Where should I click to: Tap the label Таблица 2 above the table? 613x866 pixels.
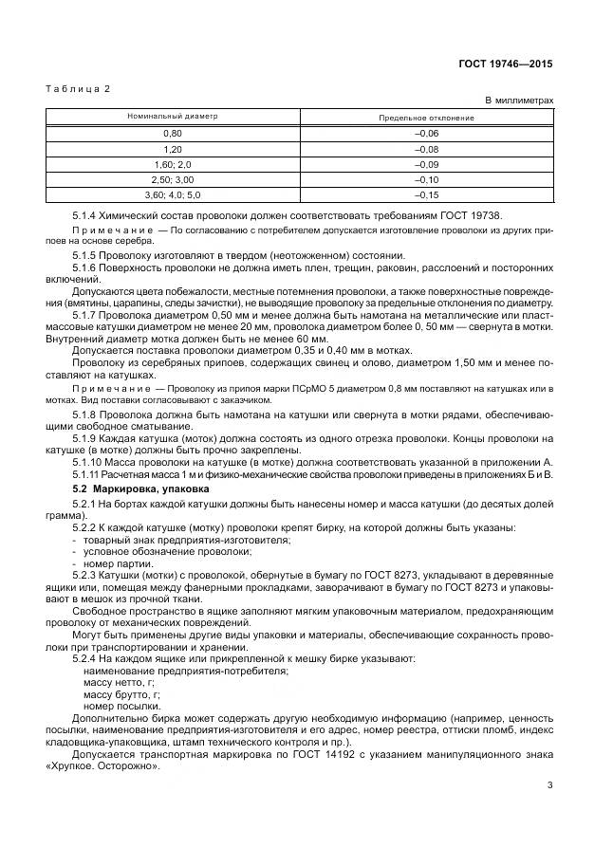(x=79, y=88)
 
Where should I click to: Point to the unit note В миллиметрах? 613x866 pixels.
(x=519, y=100)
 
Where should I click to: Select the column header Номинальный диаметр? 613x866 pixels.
(x=173, y=117)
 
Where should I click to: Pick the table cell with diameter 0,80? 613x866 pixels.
(x=173, y=134)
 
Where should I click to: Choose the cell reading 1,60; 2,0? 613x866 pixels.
(x=173, y=164)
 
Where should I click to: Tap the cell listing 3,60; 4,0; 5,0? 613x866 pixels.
(x=173, y=194)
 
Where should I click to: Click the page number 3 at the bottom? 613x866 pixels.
(x=550, y=785)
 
